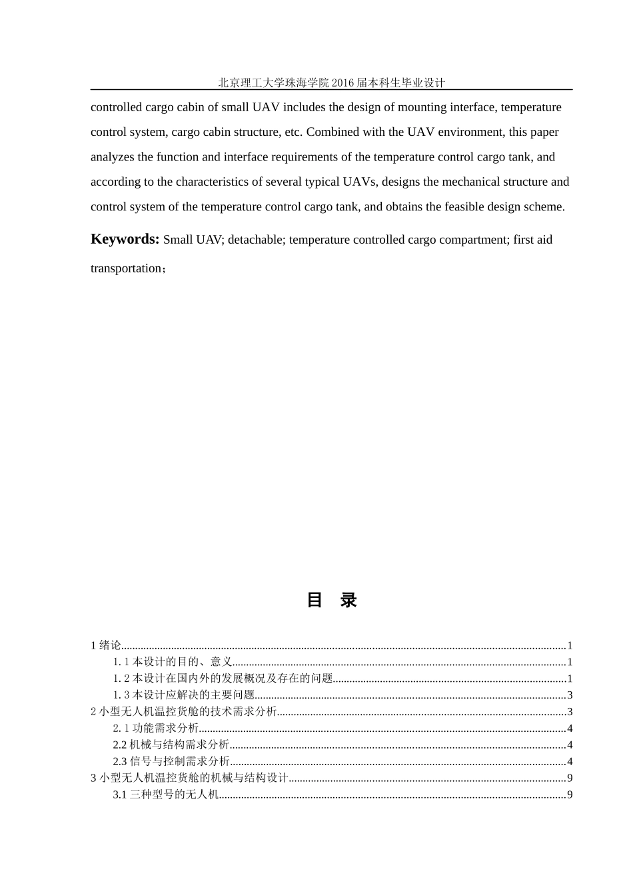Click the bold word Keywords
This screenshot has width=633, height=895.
click(125, 240)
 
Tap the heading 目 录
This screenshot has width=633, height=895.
click(332, 600)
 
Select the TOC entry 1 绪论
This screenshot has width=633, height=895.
click(106, 645)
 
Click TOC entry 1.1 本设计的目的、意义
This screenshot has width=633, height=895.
click(173, 662)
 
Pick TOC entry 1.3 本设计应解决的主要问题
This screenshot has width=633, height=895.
click(184, 695)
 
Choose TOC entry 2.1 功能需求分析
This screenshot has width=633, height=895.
click(156, 729)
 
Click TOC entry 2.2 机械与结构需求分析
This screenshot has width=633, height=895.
click(171, 745)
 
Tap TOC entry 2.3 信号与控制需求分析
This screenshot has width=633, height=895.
click(171, 762)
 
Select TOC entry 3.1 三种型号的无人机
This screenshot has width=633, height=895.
click(166, 794)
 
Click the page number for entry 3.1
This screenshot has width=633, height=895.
click(570, 794)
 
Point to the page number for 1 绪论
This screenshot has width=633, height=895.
click(570, 645)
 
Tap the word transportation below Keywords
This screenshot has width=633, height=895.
click(126, 268)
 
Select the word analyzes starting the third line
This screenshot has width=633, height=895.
click(113, 157)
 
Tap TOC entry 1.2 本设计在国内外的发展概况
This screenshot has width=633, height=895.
click(223, 679)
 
